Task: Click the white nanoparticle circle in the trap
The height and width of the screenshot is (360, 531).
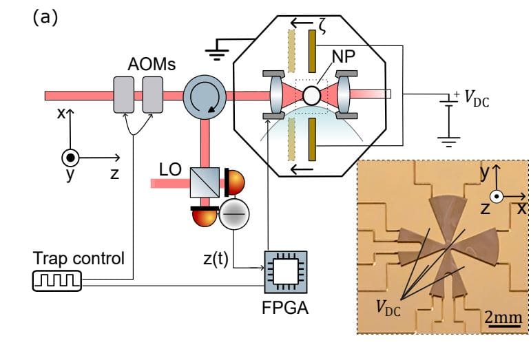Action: [312, 94]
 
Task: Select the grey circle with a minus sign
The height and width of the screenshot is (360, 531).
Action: [232, 216]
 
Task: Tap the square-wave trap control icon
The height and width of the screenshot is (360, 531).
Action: [57, 281]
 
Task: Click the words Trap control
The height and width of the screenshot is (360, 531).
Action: [79, 259]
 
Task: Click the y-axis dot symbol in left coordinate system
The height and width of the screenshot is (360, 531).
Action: [70, 156]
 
